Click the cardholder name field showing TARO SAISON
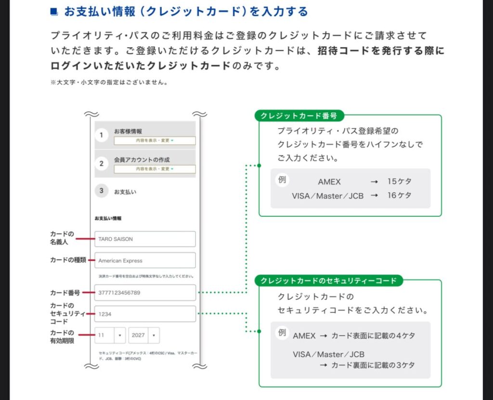tap(145, 239)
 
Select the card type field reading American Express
tap(145, 260)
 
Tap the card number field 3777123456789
tap(145, 292)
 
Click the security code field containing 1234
tap(145, 314)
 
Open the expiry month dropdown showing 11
tap(110, 335)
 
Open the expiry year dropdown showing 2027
tap(144, 335)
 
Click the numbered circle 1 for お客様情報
tap(101, 135)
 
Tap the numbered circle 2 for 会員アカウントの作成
tap(101, 164)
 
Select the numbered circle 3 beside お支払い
tap(101, 191)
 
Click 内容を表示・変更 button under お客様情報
tap(155, 141)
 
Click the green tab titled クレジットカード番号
tap(299, 116)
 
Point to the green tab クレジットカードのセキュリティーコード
tap(328, 281)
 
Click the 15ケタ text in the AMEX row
tap(399, 182)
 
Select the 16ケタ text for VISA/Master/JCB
tap(399, 195)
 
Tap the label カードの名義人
tap(62, 238)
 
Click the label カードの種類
tap(68, 260)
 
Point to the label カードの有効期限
tap(62, 336)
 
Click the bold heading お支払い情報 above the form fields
tap(108, 218)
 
